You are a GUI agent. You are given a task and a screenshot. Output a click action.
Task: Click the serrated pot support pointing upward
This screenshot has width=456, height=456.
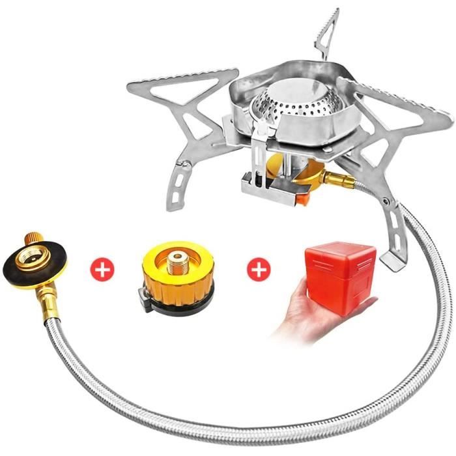[x=329, y=29]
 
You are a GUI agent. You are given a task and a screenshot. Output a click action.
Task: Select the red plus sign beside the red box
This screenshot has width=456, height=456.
[x=259, y=268]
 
